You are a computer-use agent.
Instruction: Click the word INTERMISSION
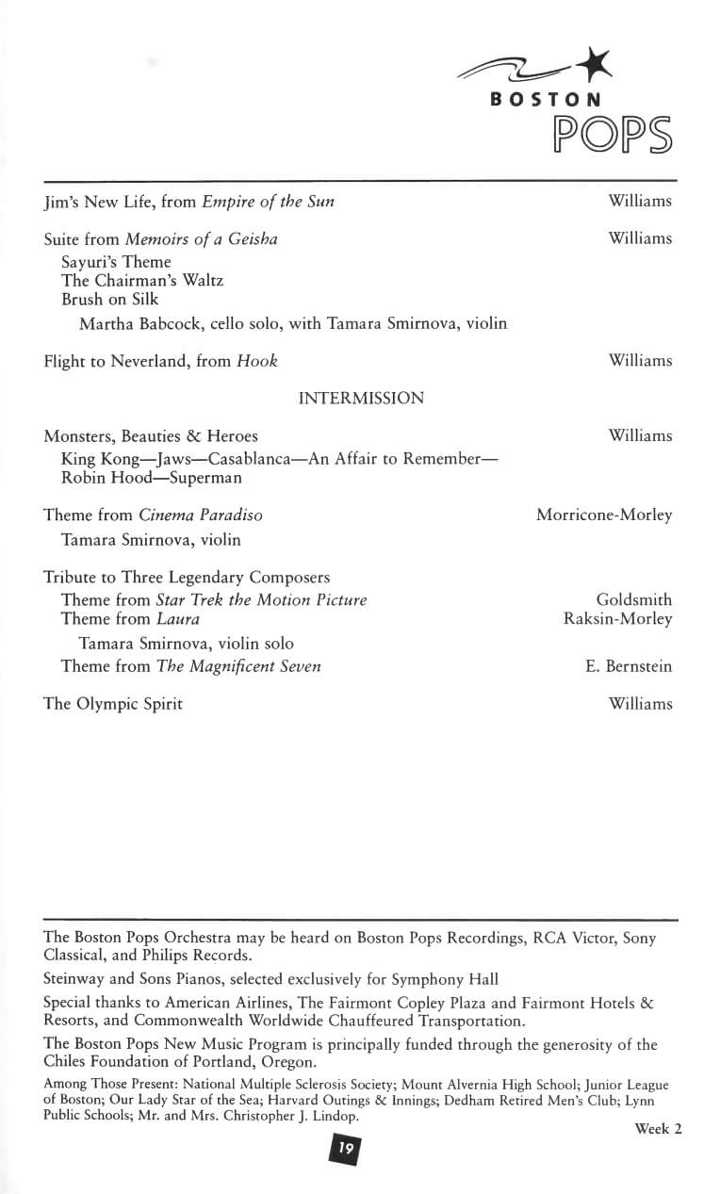(x=361, y=399)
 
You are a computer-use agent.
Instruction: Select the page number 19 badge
(x=345, y=1148)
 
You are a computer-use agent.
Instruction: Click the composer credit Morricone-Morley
(x=604, y=515)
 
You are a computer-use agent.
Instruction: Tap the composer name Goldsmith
(x=634, y=600)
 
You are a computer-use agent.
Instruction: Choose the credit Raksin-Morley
(x=618, y=619)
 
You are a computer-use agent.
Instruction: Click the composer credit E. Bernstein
(x=629, y=666)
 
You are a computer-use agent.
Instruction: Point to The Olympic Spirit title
(x=113, y=704)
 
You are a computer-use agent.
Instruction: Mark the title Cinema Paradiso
(x=201, y=515)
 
